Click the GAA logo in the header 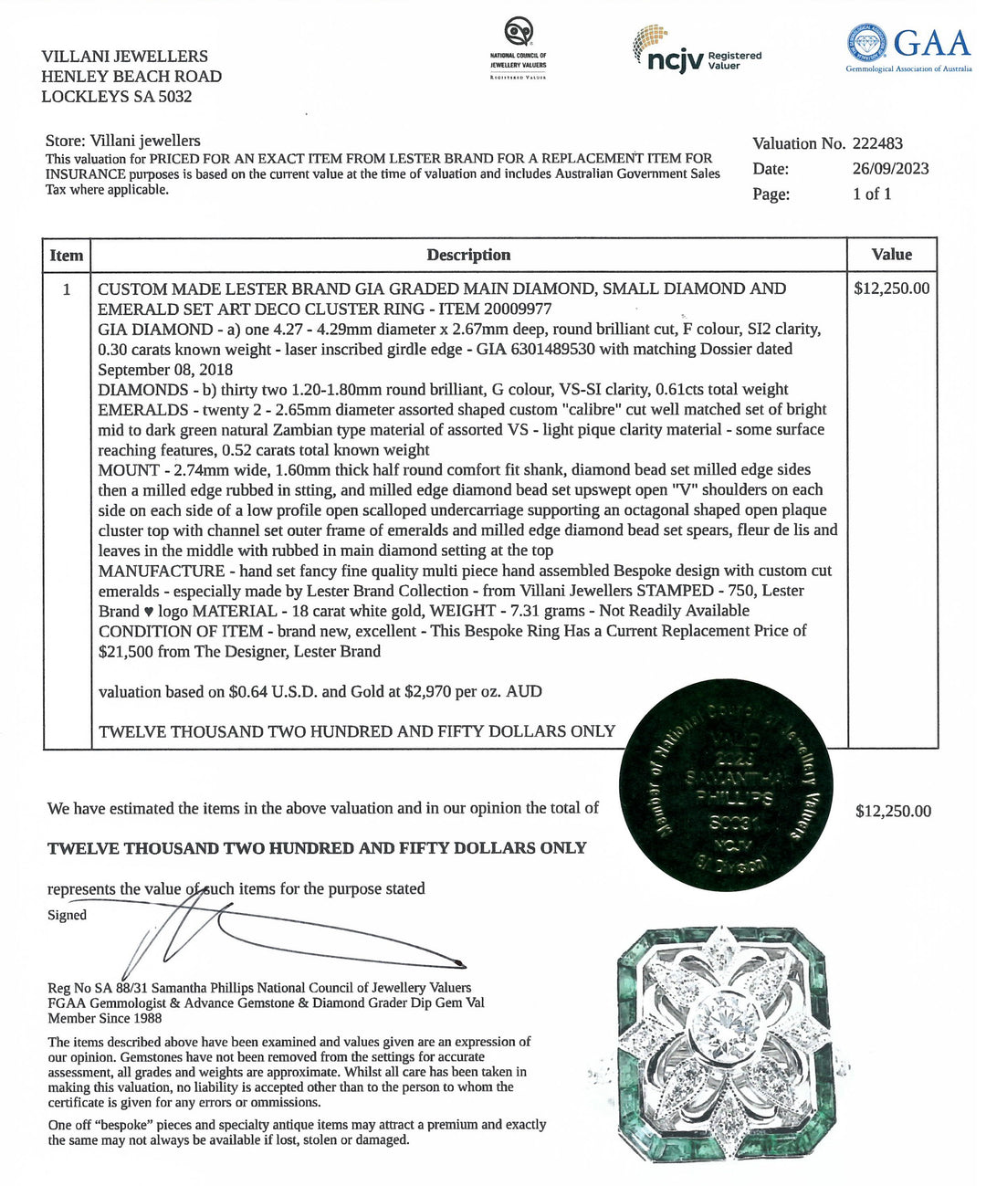coord(908,50)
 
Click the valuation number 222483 coord(877,143)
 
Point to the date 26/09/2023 coord(890,168)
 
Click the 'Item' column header coord(67,256)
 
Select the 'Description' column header coord(468,256)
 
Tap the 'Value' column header coord(891,255)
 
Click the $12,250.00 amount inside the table coord(891,289)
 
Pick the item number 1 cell coord(67,289)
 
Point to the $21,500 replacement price coord(127,651)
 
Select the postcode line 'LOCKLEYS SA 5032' coord(116,97)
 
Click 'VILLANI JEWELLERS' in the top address coord(124,57)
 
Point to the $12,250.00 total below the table coord(893,811)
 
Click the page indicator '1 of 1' coord(872,194)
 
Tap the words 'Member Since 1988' coord(105,1018)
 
